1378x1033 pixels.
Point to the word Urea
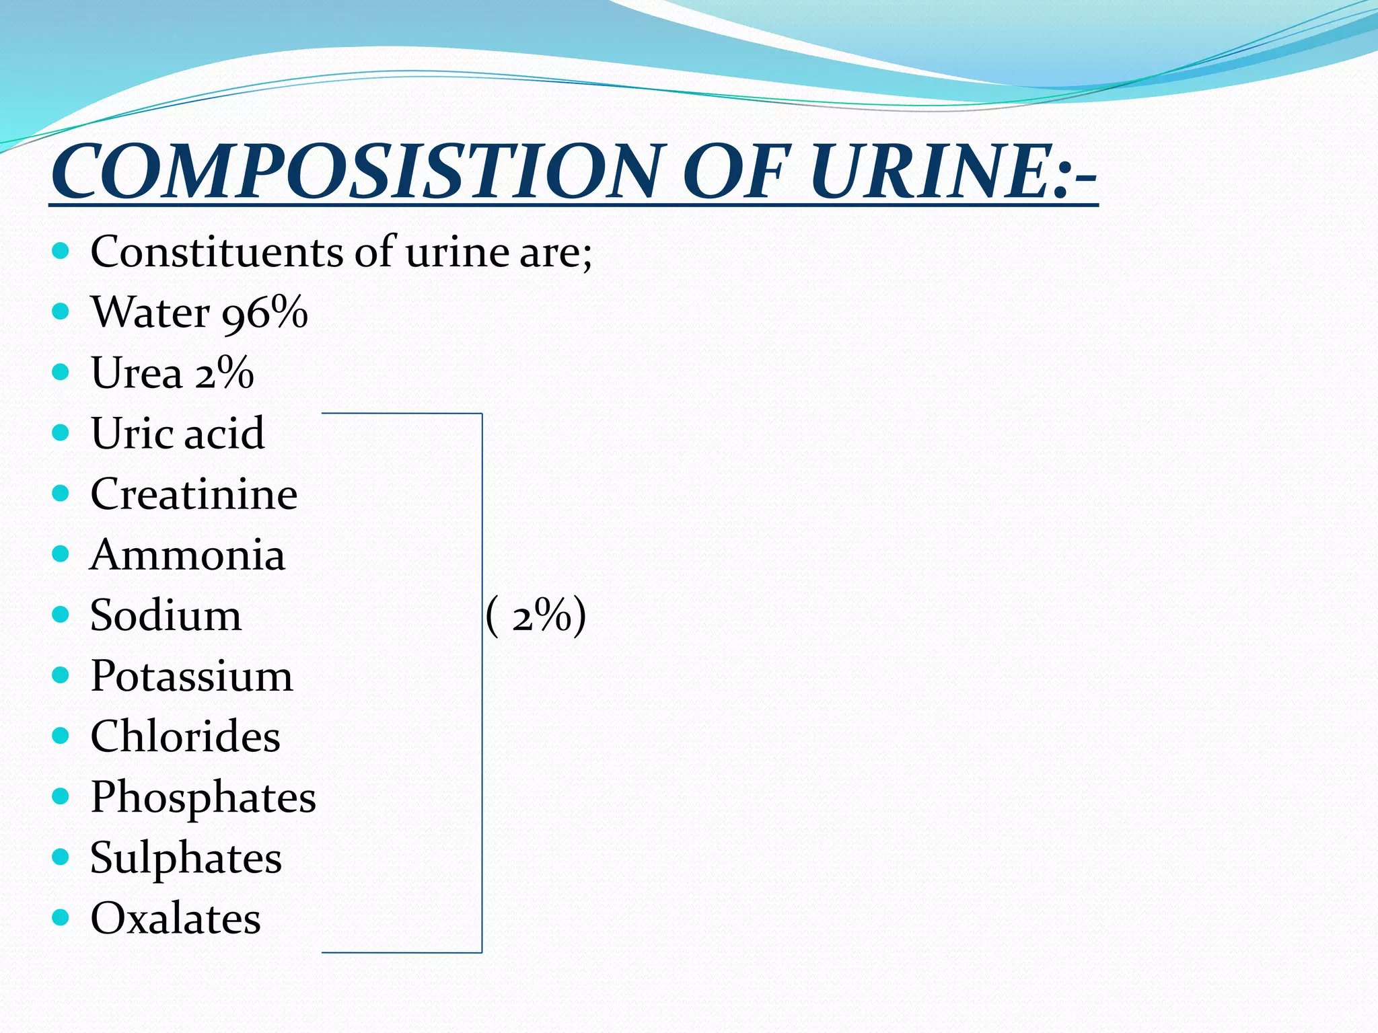click(137, 373)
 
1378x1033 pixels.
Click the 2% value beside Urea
click(224, 373)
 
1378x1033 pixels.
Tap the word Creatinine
click(194, 494)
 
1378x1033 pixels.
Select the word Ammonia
click(188, 555)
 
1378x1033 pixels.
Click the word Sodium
click(166, 615)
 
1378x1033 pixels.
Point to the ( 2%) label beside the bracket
click(536, 616)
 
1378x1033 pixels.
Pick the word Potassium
click(192, 676)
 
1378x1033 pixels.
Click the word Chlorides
click(185, 736)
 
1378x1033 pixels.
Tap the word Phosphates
click(203, 798)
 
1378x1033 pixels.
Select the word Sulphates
click(186, 858)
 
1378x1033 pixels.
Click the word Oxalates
click(176, 919)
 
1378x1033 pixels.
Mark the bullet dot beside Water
click(61, 311)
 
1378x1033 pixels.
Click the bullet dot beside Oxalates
click(61, 917)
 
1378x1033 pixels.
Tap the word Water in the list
click(151, 312)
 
